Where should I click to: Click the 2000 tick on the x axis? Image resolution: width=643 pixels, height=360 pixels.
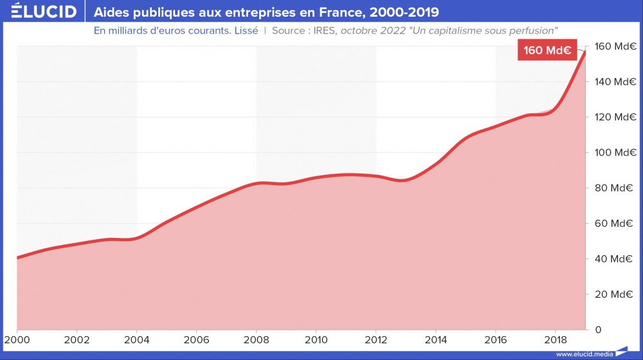17,339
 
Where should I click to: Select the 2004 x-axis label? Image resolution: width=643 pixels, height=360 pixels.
136,339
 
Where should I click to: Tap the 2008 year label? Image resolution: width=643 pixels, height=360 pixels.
256,339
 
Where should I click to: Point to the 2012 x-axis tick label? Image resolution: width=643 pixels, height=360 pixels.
376,339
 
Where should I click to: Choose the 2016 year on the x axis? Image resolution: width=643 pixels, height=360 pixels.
495,339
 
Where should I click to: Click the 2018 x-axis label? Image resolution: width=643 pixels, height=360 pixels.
555,339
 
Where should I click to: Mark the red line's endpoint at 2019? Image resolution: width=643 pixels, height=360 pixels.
584,51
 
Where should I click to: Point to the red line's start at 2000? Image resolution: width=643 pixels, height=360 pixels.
17,258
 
